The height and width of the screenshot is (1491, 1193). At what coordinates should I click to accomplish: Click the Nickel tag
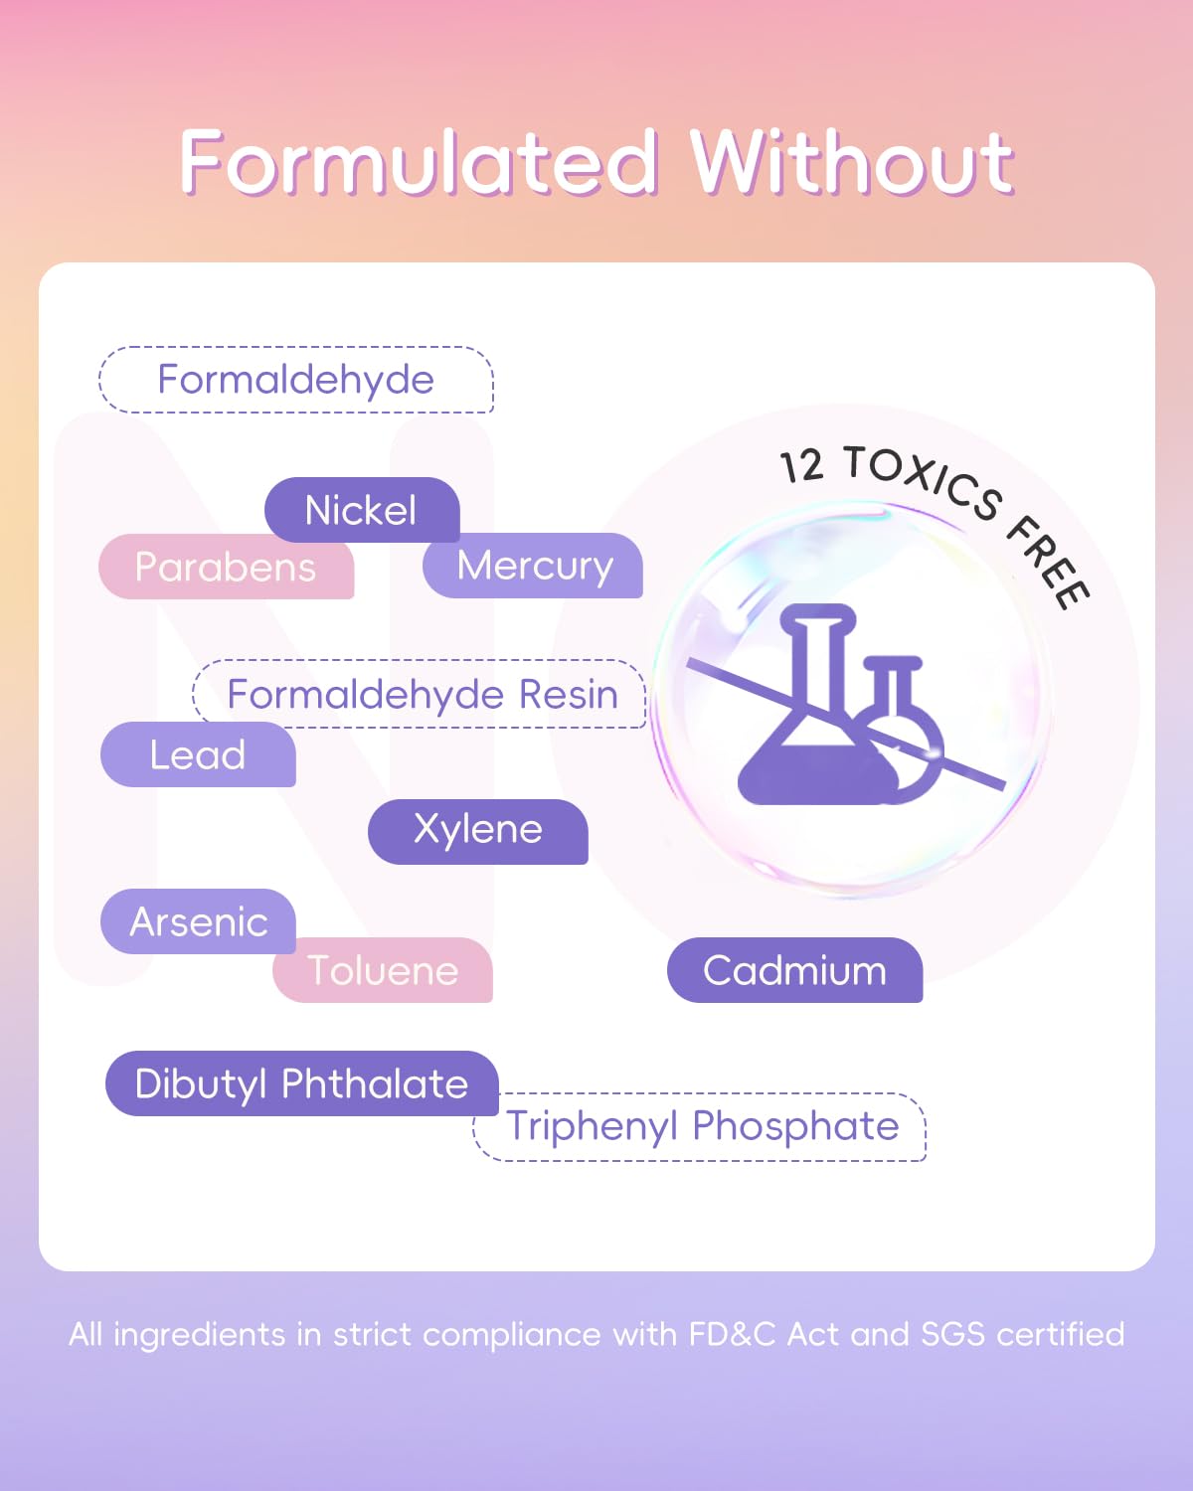[362, 510]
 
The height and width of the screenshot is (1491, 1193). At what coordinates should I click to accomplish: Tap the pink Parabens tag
[226, 567]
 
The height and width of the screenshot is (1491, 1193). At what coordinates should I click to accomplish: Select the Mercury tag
[533, 566]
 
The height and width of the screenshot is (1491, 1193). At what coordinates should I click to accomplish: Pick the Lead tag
[198, 754]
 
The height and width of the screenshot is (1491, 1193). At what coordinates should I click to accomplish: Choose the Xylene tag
[477, 831]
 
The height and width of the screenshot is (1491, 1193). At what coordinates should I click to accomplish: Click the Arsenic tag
[198, 921]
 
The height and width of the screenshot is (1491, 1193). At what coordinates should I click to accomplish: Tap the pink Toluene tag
[383, 970]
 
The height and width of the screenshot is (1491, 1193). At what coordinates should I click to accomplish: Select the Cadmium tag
[795, 970]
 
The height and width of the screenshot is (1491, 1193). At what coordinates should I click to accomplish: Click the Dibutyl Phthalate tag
[302, 1083]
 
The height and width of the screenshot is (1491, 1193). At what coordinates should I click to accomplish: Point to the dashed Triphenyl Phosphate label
[700, 1126]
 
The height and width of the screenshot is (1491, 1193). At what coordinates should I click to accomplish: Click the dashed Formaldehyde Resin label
[420, 694]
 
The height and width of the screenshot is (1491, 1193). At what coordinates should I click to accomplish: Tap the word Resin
[569, 694]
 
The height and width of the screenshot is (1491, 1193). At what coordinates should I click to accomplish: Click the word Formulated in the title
[418, 161]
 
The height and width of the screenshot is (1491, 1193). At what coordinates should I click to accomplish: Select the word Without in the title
[853, 161]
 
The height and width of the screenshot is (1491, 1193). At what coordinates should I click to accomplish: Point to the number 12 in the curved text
[802, 466]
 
